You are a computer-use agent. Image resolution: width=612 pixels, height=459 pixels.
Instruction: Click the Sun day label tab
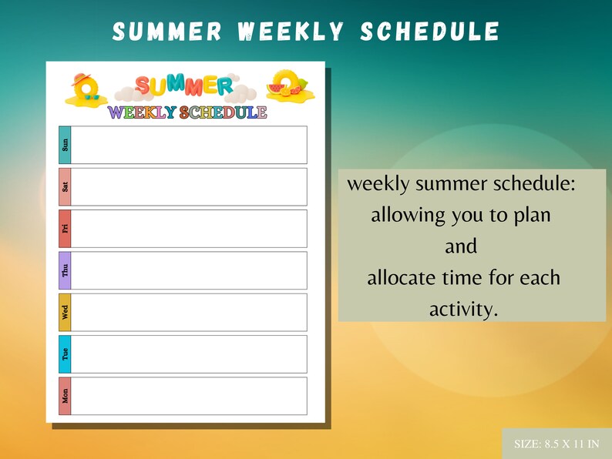[65, 145]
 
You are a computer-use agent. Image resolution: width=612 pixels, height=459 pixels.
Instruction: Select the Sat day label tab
[65, 186]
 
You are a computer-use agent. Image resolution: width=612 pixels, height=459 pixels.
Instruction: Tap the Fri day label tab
[65, 228]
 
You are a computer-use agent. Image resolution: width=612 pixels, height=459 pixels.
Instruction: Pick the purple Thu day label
[65, 270]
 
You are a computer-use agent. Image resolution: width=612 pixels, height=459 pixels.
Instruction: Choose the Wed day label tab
[65, 312]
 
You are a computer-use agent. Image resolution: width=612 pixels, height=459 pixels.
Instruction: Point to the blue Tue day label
[65, 353]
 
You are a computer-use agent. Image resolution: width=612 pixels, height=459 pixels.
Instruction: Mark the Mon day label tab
[65, 396]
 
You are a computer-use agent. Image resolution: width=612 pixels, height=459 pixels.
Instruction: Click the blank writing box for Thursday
[189, 270]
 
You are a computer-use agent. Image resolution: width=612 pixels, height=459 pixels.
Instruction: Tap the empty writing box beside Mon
[189, 396]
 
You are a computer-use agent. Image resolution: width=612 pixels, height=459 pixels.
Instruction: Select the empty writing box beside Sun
[189, 145]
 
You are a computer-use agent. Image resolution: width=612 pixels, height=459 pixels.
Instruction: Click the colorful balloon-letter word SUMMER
[185, 85]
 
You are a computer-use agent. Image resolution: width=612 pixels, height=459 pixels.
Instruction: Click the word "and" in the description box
[461, 247]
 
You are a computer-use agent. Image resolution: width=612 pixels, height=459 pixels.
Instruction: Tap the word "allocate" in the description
[403, 278]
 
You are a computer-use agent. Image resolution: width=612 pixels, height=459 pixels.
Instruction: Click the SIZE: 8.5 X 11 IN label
[557, 444]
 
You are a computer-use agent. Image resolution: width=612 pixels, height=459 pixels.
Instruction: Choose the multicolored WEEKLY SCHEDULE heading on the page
[187, 112]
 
